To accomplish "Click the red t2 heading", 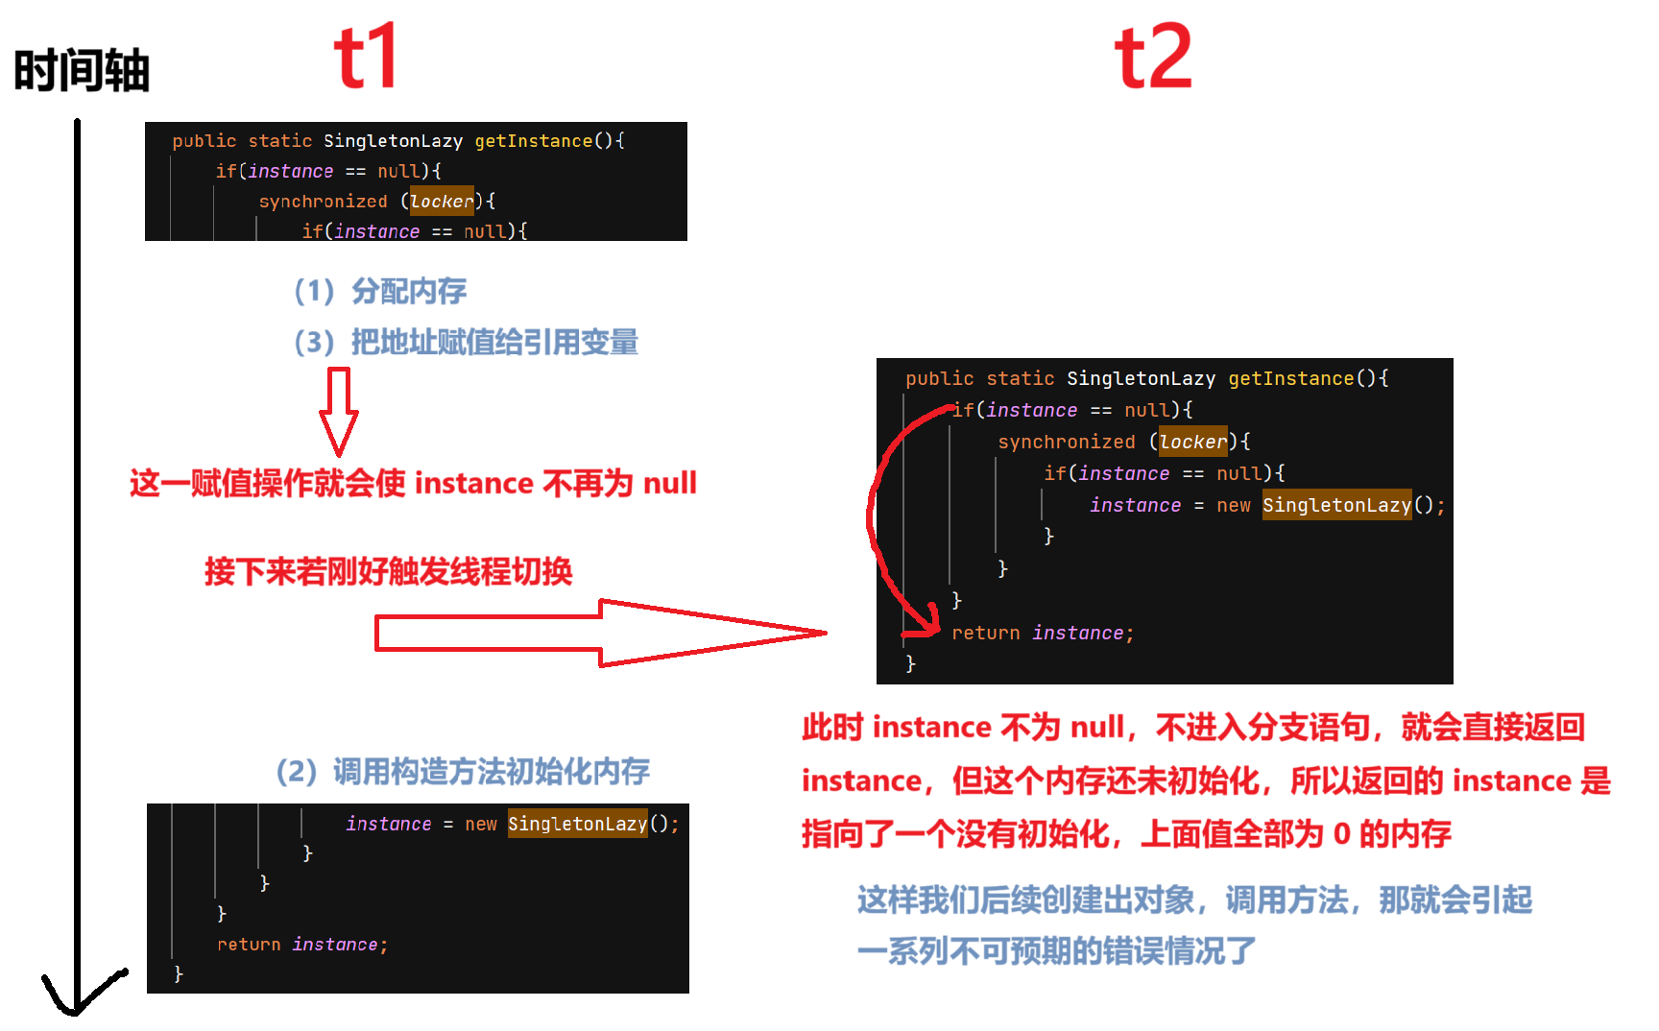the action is click(x=1152, y=58).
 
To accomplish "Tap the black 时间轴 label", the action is click(x=82, y=71).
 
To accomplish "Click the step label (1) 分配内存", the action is click(x=380, y=291).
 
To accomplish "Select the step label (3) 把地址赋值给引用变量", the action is click(x=466, y=342).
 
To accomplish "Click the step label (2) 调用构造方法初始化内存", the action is click(x=463, y=771).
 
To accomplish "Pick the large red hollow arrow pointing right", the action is click(x=600, y=633).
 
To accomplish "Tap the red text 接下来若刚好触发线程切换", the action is click(x=388, y=571).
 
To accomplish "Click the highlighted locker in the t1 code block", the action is click(x=442, y=202).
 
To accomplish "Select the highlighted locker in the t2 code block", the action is click(x=1192, y=442).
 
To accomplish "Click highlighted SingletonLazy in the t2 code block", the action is click(x=1336, y=505).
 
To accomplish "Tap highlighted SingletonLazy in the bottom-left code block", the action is click(x=577, y=824).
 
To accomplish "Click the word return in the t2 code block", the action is click(x=985, y=633).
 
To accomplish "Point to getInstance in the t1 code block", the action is click(x=534, y=141).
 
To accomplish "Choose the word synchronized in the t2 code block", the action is click(x=1066, y=442).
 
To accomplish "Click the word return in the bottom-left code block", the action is click(x=249, y=945).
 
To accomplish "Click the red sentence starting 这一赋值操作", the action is click(x=413, y=483).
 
